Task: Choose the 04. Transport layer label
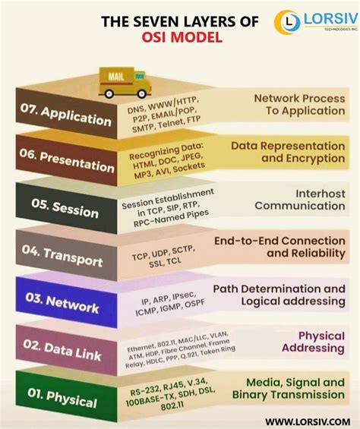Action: point(67,257)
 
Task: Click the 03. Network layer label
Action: point(67,304)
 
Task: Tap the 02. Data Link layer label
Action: point(67,350)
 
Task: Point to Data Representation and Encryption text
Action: point(287,151)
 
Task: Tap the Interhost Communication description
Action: point(299,200)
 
